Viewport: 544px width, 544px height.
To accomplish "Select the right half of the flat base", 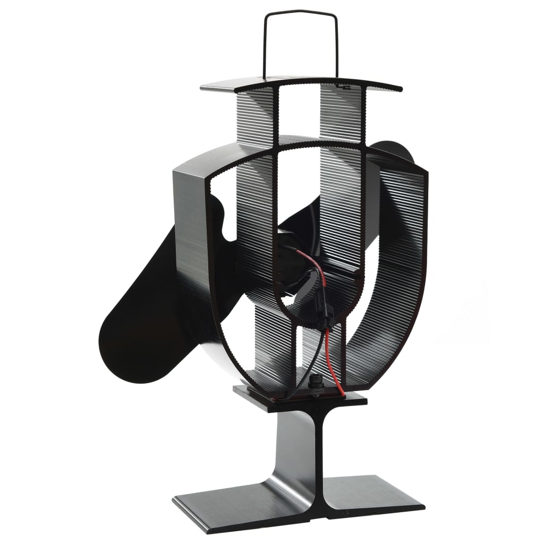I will tap(372, 497).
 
